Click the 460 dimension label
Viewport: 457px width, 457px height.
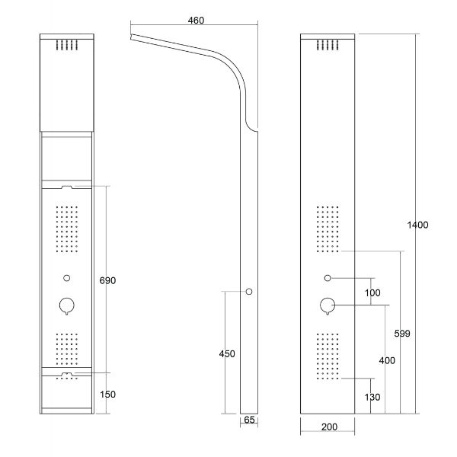point(196,21)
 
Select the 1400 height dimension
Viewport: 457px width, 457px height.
point(417,225)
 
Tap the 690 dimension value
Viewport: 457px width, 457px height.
point(107,280)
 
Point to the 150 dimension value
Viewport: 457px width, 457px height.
point(107,395)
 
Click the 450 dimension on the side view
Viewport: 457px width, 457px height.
point(227,354)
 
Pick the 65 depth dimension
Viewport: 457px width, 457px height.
point(249,420)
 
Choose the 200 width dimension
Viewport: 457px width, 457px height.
point(329,427)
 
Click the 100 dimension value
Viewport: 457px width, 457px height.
point(372,293)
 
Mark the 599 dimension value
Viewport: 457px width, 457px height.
point(402,334)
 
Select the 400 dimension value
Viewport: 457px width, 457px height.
point(387,360)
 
